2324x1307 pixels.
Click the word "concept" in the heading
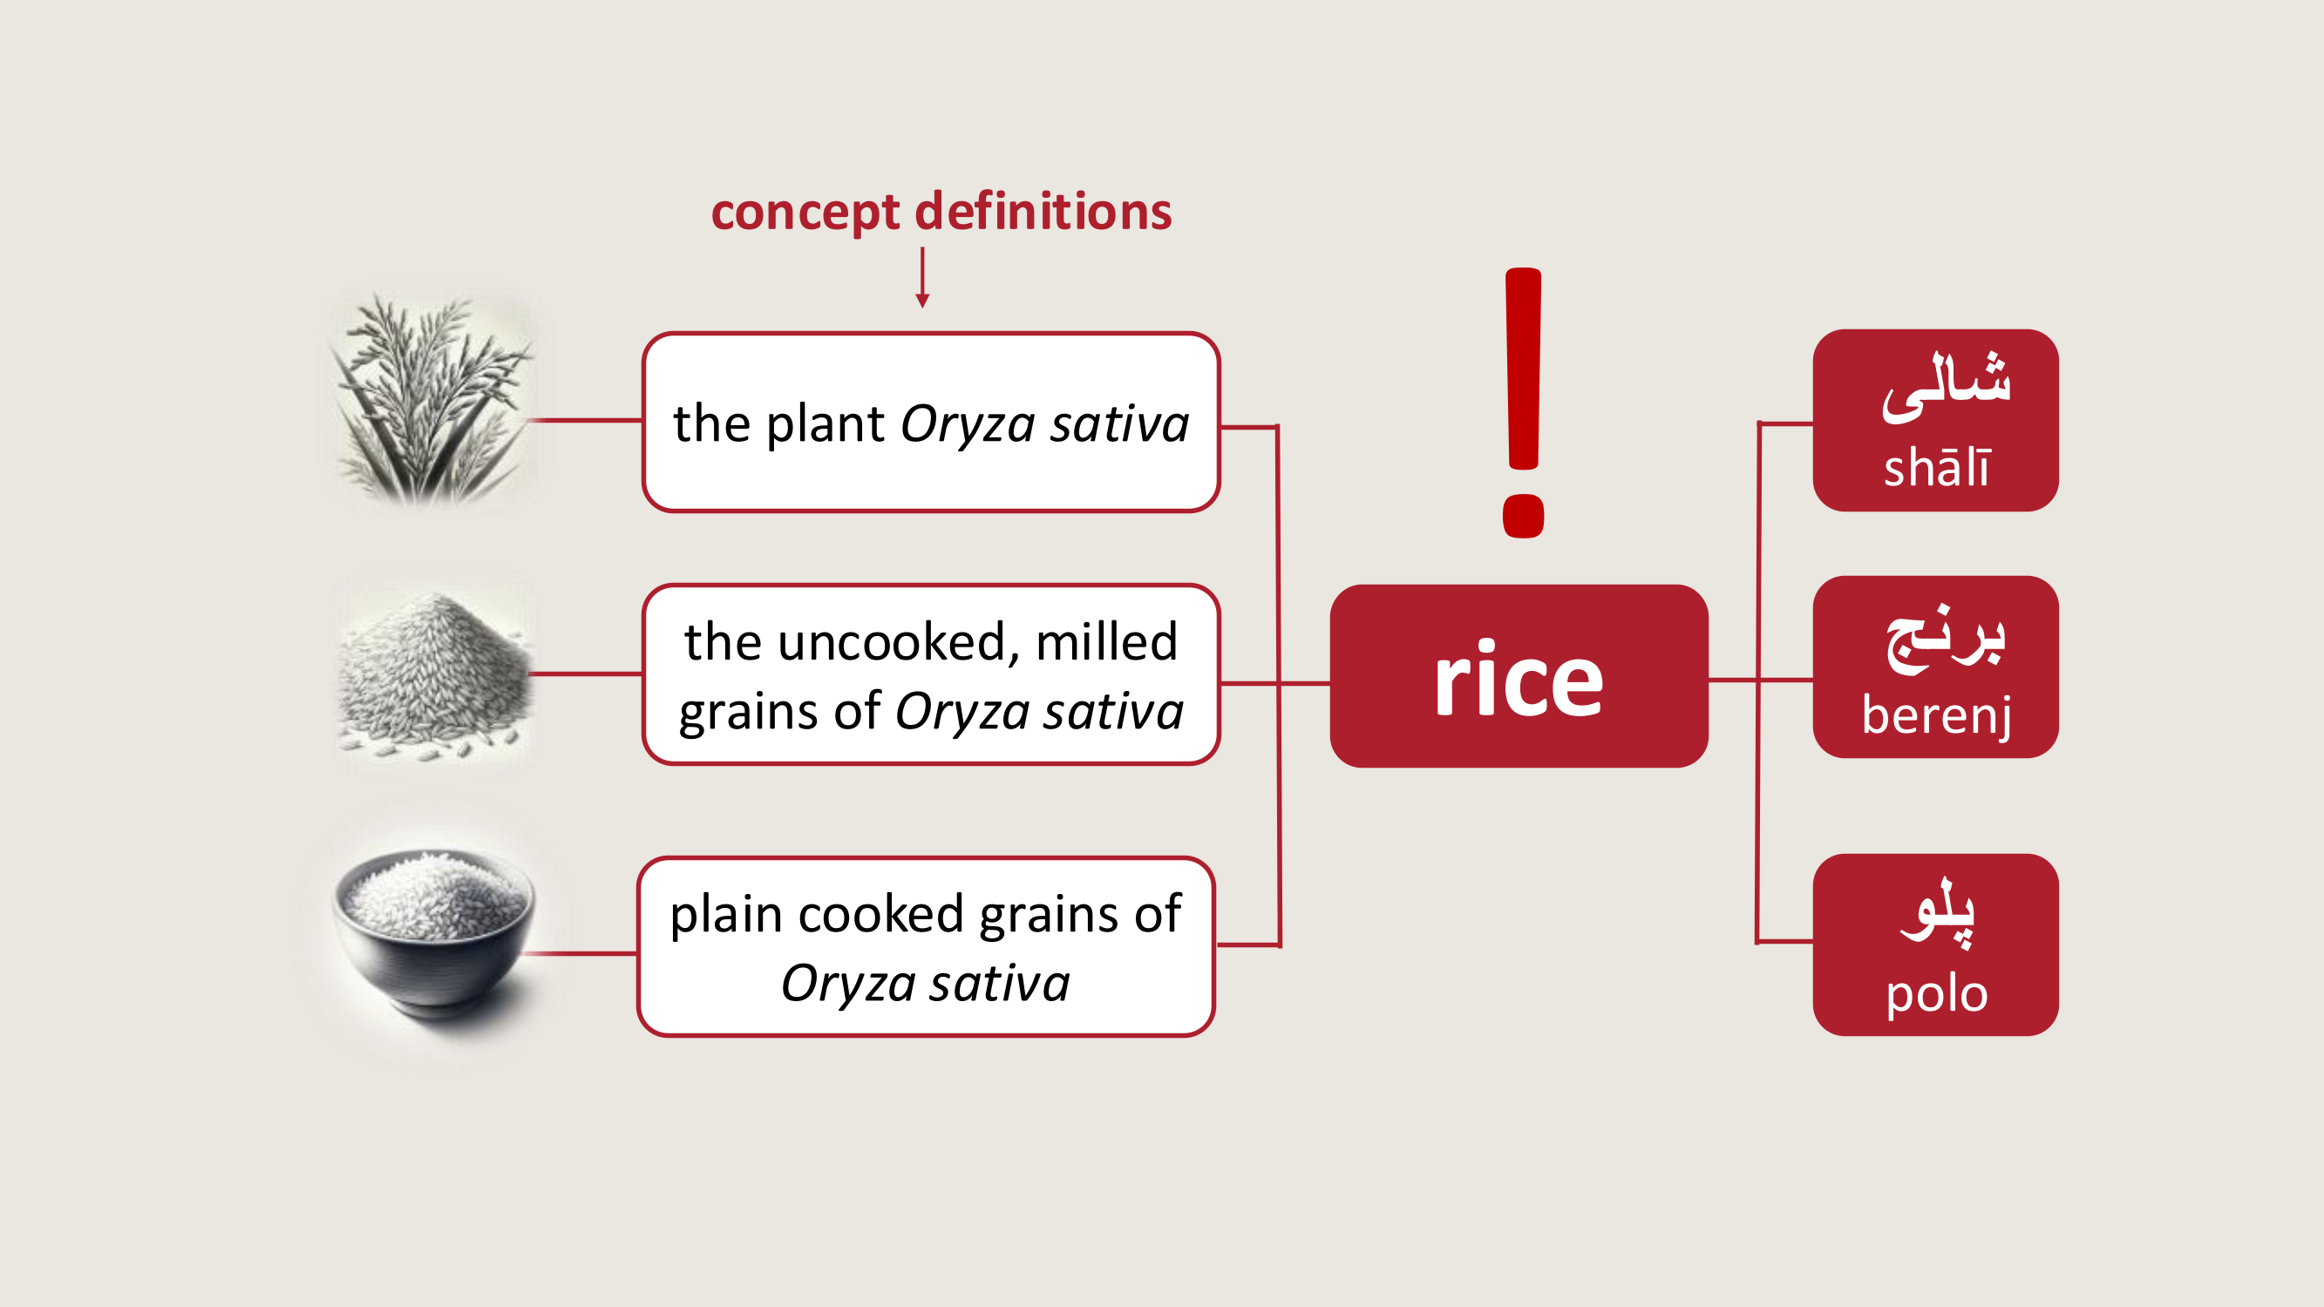point(805,213)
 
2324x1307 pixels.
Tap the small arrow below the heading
point(922,280)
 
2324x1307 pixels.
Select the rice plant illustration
point(432,398)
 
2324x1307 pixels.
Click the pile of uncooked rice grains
point(434,673)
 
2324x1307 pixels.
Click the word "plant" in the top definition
point(825,424)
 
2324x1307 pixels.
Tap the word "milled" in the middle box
point(1106,642)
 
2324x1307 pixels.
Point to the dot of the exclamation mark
point(1523,516)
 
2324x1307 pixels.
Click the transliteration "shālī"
point(1936,468)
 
